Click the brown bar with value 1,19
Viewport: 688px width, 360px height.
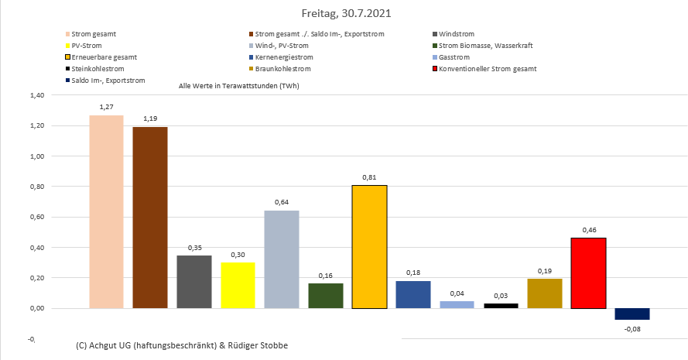tap(150, 218)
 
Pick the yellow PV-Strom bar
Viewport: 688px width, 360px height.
tap(238, 285)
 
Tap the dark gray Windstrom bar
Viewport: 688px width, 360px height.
tap(194, 281)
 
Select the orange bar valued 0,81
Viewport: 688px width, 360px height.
tap(369, 246)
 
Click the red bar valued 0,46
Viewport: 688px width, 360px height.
tap(588, 273)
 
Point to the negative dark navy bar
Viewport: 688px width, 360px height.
tap(632, 314)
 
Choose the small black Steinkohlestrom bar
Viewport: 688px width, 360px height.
tap(501, 306)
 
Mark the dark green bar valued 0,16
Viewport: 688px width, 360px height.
tap(325, 296)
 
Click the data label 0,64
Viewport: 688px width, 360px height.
tap(281, 203)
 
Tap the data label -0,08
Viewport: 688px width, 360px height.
tap(632, 329)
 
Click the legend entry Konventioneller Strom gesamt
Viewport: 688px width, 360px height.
tap(487, 69)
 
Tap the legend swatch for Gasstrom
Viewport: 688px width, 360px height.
tap(435, 57)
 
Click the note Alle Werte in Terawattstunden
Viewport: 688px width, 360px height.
tap(239, 85)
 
